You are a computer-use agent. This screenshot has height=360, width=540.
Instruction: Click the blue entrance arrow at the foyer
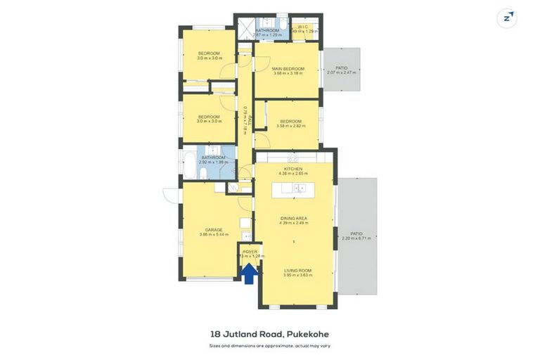pos(249,273)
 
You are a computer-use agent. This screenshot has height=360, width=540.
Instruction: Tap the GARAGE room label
pos(214,230)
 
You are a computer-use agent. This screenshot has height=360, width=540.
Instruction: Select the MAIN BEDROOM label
pos(288,68)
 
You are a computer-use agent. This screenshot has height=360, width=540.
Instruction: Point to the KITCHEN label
pos(292,169)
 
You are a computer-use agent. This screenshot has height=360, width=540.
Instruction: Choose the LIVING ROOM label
pos(297,270)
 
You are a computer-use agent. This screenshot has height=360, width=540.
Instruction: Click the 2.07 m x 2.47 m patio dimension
pos(342,72)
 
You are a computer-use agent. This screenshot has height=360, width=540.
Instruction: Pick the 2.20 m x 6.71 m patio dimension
pos(356,238)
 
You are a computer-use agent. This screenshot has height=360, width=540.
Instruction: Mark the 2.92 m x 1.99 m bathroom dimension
pos(213,162)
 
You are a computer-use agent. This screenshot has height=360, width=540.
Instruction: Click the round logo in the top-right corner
pos(506,18)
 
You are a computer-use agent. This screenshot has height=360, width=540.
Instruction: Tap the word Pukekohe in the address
pos(307,334)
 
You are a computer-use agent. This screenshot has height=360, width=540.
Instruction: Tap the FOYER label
pos(250,251)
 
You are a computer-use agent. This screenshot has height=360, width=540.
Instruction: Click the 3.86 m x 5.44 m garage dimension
pos(214,235)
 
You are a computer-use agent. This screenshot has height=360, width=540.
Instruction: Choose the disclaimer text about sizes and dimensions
pos(269,345)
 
